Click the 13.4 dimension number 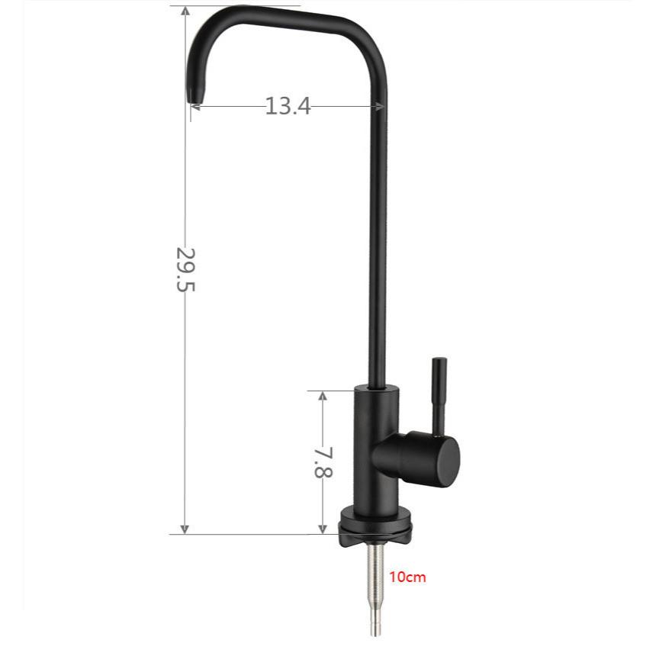[x=288, y=106]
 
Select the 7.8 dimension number [x=323, y=461]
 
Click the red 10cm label [x=408, y=577]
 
